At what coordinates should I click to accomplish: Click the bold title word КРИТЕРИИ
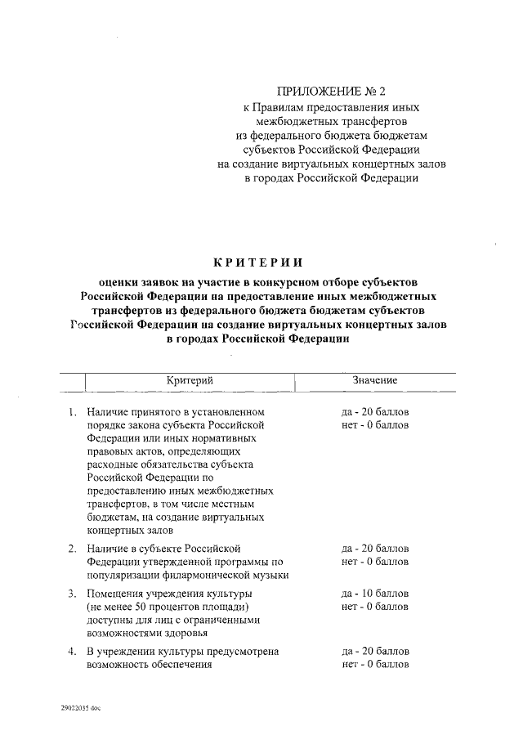coord(257,262)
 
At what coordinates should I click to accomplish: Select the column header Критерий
coord(190,381)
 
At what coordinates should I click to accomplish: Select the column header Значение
coord(375,381)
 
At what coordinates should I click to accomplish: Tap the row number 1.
coord(72,410)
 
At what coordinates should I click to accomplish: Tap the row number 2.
coord(72,547)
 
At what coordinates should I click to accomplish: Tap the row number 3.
coord(72,592)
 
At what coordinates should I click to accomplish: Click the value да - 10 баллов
coord(375,592)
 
